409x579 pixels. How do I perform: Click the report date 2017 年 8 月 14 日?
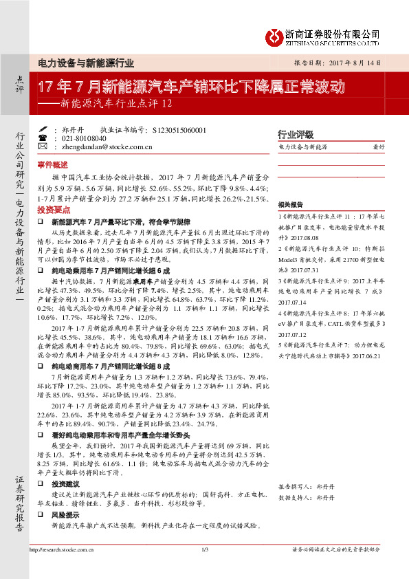351,62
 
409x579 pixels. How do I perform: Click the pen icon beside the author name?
43,128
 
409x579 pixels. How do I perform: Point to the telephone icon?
43,137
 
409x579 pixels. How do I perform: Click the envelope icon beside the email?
43,146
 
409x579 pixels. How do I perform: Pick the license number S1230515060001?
177,129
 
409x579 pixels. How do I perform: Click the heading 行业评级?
295,134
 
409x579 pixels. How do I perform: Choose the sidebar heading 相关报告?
291,205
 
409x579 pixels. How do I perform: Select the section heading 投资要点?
53,208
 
